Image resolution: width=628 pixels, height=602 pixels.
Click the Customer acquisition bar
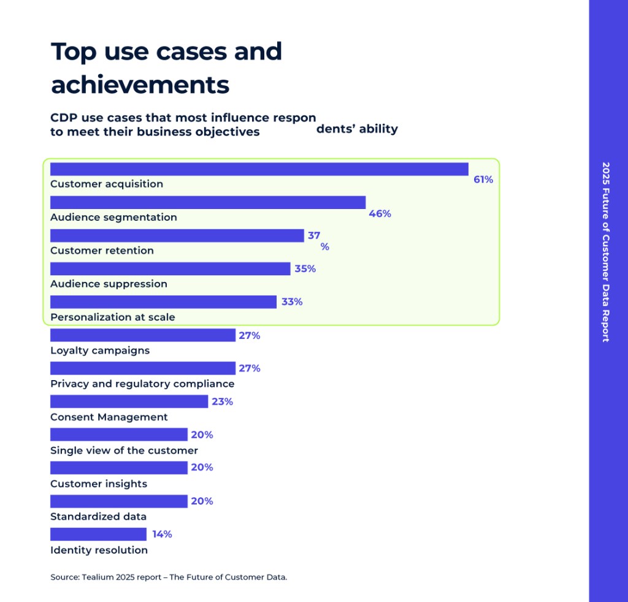click(259, 169)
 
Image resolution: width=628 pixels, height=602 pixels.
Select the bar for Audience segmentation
click(207, 202)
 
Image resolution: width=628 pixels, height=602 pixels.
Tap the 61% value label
click(483, 180)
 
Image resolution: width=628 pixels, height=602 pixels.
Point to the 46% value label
click(380, 213)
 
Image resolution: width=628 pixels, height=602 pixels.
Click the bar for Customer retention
click(177, 235)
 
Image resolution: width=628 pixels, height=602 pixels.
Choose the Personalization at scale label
click(112, 317)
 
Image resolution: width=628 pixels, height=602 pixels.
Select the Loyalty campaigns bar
click(142, 335)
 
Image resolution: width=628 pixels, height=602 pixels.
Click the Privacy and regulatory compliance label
click(142, 384)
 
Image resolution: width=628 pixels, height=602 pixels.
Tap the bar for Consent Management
click(129, 402)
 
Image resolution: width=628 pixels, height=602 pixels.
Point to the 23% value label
click(222, 402)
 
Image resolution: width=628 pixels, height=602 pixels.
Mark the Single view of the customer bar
click(118, 435)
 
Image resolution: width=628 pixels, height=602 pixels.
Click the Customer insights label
click(99, 484)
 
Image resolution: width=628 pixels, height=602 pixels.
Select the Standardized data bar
click(118, 501)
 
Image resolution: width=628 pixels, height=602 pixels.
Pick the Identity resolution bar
click(98, 534)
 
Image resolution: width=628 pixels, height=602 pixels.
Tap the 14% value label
click(162, 534)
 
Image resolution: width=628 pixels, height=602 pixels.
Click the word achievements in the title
click(140, 85)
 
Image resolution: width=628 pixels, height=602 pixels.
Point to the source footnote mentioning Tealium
click(169, 577)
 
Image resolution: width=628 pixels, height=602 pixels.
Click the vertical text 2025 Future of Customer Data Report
click(606, 251)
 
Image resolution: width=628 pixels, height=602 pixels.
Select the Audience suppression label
click(109, 284)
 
